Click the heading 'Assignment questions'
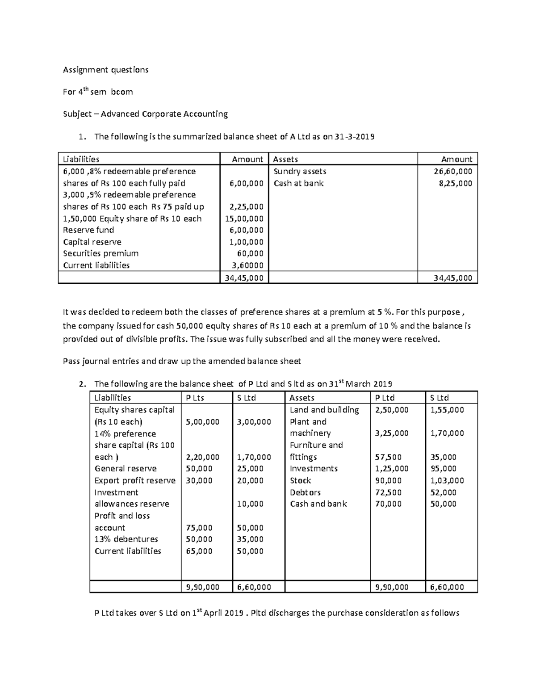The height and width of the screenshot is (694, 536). click(x=105, y=70)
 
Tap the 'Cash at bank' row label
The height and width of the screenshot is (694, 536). click(x=298, y=183)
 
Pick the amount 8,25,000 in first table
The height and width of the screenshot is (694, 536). click(x=455, y=183)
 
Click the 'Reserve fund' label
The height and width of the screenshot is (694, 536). click(x=88, y=230)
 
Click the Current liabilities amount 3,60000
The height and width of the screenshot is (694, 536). click(x=247, y=265)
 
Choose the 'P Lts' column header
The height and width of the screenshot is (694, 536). click(x=195, y=398)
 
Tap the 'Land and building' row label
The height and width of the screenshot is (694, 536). click(x=324, y=410)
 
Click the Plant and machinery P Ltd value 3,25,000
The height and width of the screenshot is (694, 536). click(x=391, y=433)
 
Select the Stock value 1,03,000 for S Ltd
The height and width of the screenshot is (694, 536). click(x=447, y=480)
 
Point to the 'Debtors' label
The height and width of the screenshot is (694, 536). click(x=305, y=492)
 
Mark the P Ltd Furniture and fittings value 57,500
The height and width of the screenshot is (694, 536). click(x=388, y=457)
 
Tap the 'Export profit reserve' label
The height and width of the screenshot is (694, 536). click(x=135, y=480)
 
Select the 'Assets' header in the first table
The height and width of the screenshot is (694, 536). click(x=285, y=159)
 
